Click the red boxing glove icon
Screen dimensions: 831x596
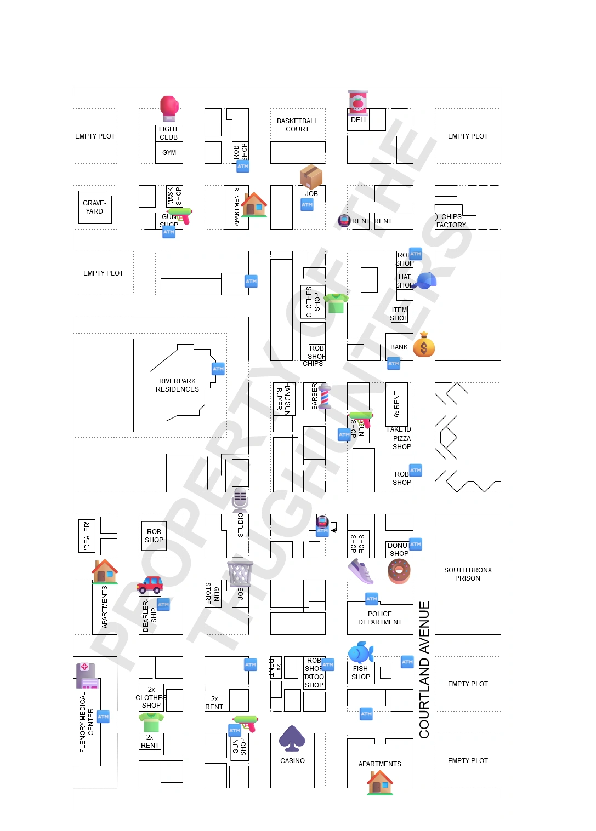(169, 108)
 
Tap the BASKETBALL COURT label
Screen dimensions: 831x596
(297, 125)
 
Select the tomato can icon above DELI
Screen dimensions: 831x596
(358, 102)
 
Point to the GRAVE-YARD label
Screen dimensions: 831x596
(94, 207)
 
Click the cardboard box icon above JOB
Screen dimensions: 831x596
(311, 176)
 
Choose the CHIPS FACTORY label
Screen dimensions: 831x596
(451, 221)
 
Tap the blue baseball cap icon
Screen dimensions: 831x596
(424, 280)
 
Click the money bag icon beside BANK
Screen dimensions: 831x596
(424, 345)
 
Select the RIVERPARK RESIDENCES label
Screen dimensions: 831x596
(177, 385)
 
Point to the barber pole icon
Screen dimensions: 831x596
(325, 397)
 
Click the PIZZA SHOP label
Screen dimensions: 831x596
(402, 443)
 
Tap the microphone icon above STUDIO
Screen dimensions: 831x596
(240, 500)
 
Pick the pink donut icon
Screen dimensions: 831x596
(399, 571)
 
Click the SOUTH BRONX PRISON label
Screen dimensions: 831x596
(468, 574)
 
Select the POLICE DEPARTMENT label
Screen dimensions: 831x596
(380, 618)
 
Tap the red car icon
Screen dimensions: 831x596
(150, 585)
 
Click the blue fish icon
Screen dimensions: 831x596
(360, 652)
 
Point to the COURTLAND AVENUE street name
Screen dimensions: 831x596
(424, 669)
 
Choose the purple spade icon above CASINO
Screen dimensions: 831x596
(292, 738)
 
